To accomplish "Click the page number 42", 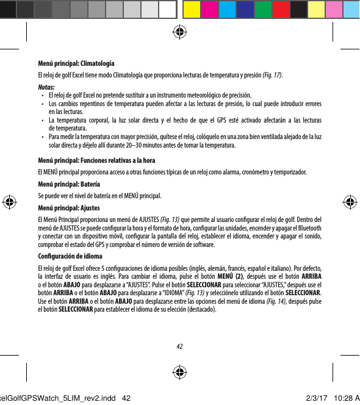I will [x=179, y=346].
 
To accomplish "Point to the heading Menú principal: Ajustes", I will [x=69, y=207].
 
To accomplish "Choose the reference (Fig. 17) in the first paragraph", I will [x=272, y=75].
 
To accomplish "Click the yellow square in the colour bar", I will [x=190, y=9].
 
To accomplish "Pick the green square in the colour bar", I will [x=263, y=9].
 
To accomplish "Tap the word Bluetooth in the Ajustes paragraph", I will [x=311, y=229].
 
